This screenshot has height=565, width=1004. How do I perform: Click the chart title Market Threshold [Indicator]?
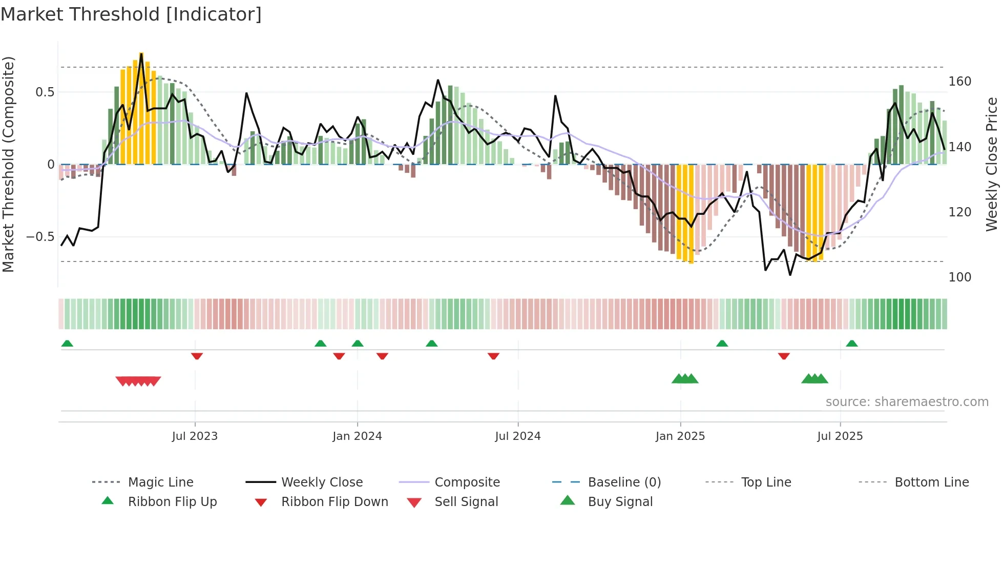coord(131,14)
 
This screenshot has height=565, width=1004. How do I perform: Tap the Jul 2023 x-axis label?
coord(195,436)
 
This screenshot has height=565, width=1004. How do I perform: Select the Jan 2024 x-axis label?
coord(357,436)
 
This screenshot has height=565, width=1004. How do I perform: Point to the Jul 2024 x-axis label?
coord(518,436)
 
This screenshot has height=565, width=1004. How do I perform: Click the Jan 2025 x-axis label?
coord(680,436)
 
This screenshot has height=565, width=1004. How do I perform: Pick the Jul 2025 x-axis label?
coord(840,436)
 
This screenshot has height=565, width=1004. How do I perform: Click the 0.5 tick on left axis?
coord(45,92)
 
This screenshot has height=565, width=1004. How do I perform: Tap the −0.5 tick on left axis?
coord(40,237)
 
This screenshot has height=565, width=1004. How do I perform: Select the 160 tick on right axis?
coord(960,82)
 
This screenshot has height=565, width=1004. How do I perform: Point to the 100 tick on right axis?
coord(960,277)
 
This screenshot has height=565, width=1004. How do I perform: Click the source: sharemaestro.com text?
coord(907,402)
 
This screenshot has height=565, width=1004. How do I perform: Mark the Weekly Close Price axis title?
coord(992,164)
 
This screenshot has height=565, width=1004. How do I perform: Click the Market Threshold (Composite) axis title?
coord(8,164)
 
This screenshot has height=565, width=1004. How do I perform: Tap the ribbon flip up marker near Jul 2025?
coord(852,344)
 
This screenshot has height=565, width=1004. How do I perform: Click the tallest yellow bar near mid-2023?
coord(141,108)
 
